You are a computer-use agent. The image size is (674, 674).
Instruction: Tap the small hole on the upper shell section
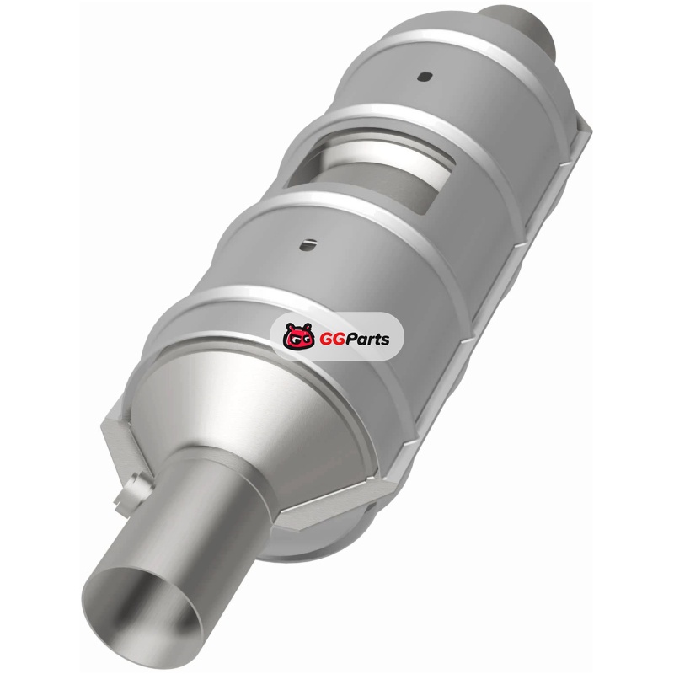[x=425, y=77]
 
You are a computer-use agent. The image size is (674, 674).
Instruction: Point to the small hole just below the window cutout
[x=308, y=244]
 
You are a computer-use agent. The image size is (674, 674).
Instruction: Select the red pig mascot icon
[x=299, y=336]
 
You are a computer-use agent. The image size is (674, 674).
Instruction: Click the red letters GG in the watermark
[x=329, y=340]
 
